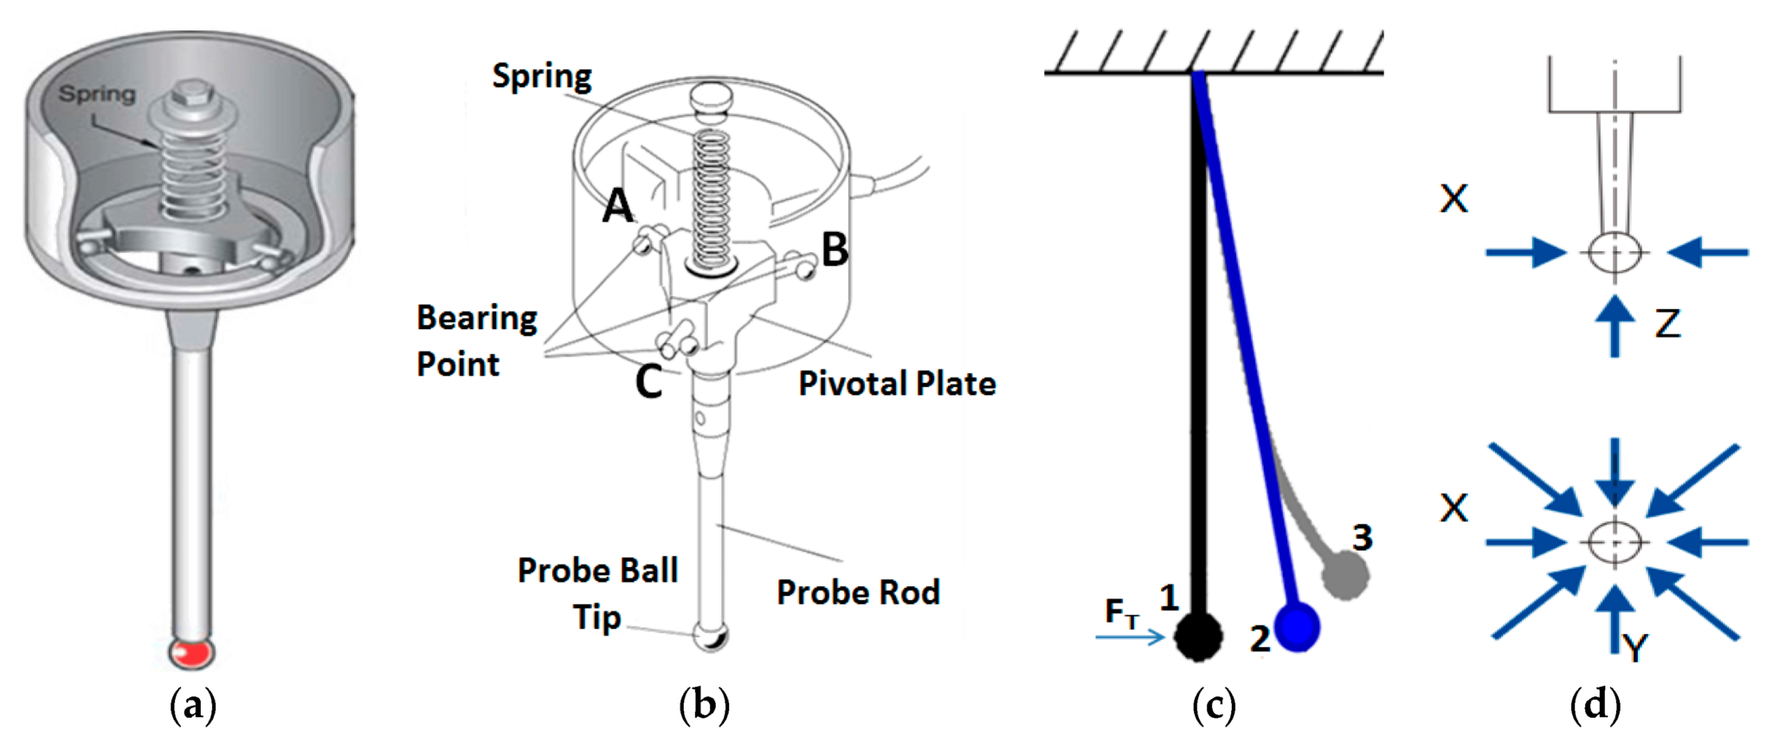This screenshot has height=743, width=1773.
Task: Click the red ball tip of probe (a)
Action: coord(191,650)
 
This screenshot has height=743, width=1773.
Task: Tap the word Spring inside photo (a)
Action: coord(97,94)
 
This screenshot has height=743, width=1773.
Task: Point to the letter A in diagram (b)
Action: coord(618,206)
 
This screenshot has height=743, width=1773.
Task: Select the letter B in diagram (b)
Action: coord(835,249)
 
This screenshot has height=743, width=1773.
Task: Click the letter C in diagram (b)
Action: coord(648,381)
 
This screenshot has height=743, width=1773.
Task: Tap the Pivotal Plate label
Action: coord(897,384)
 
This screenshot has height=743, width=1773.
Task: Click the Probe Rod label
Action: coord(858,592)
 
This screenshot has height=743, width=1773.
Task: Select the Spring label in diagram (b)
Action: coord(542,77)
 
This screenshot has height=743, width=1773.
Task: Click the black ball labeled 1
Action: coord(1198,636)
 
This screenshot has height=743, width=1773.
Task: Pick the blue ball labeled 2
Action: coord(1296,627)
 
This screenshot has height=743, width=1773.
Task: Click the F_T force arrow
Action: coord(1131,637)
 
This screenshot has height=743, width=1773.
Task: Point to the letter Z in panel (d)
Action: coord(1667,324)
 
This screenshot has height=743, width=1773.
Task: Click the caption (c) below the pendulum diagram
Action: coord(1214,705)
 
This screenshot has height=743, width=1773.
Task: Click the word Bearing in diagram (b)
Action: coord(477,319)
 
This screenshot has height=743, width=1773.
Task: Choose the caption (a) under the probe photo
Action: coord(193,705)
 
